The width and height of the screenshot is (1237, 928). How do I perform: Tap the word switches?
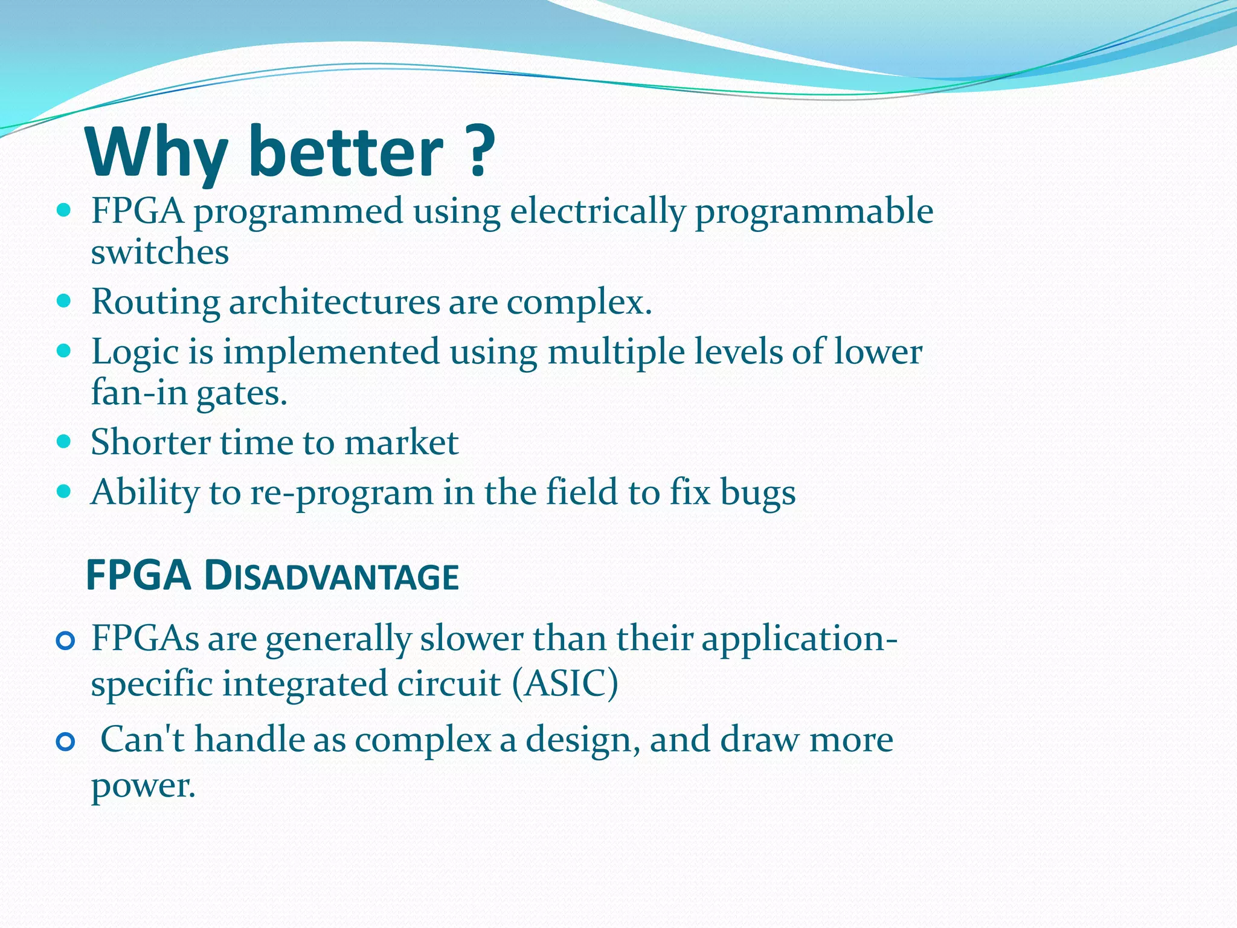159,253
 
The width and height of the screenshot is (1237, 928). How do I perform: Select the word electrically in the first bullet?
598,212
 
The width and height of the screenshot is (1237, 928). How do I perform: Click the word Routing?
155,302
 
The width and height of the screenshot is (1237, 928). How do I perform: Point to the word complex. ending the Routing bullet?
579,302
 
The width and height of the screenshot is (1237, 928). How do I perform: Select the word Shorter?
150,442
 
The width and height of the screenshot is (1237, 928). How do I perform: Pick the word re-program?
341,493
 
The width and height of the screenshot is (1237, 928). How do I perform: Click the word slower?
472,639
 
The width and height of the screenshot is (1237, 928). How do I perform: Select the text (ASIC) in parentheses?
565,685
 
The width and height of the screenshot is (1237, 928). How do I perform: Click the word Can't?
142,739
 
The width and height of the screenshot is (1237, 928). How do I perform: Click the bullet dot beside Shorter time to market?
63,442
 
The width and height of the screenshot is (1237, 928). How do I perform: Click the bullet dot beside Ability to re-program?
63,491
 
